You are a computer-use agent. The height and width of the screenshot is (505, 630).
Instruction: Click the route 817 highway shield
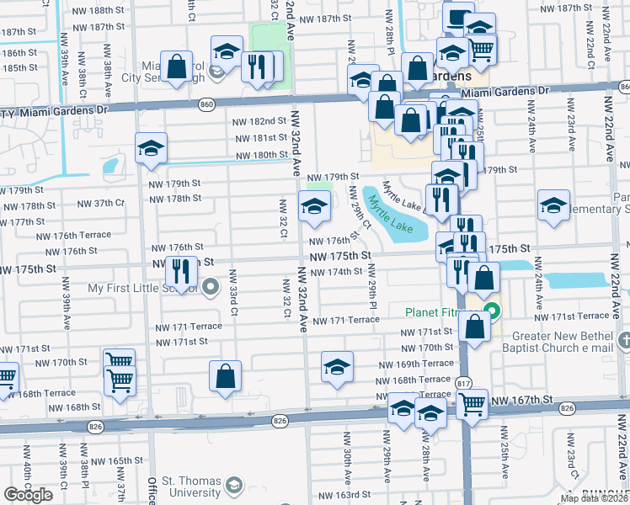[464, 383]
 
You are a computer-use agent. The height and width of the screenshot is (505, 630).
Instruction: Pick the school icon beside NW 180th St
[151, 148]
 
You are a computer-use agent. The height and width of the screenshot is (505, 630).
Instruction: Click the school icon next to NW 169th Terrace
[337, 366]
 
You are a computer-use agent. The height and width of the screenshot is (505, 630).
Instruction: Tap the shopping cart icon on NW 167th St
[471, 404]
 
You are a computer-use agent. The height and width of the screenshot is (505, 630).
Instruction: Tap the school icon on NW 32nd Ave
[314, 205]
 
